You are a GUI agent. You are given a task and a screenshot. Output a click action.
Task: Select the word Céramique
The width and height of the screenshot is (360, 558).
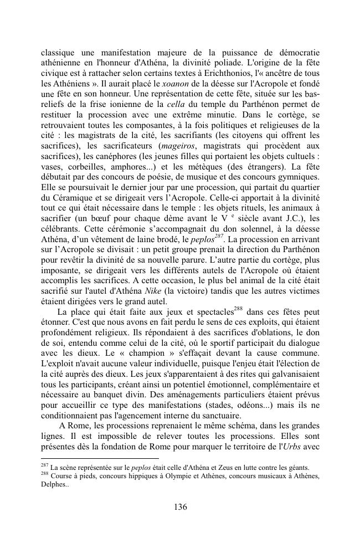76,197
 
